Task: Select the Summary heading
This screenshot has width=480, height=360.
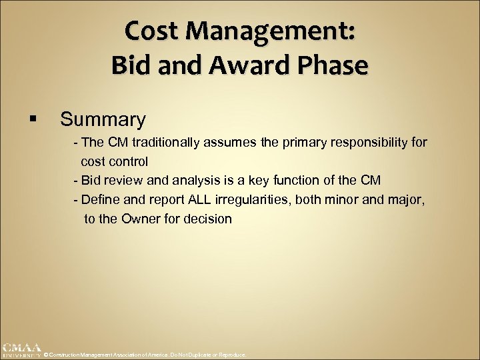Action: (x=103, y=119)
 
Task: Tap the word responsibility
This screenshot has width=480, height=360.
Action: (x=361, y=143)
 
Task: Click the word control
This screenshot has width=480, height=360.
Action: (x=129, y=161)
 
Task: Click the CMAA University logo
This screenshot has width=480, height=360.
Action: (x=21, y=350)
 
